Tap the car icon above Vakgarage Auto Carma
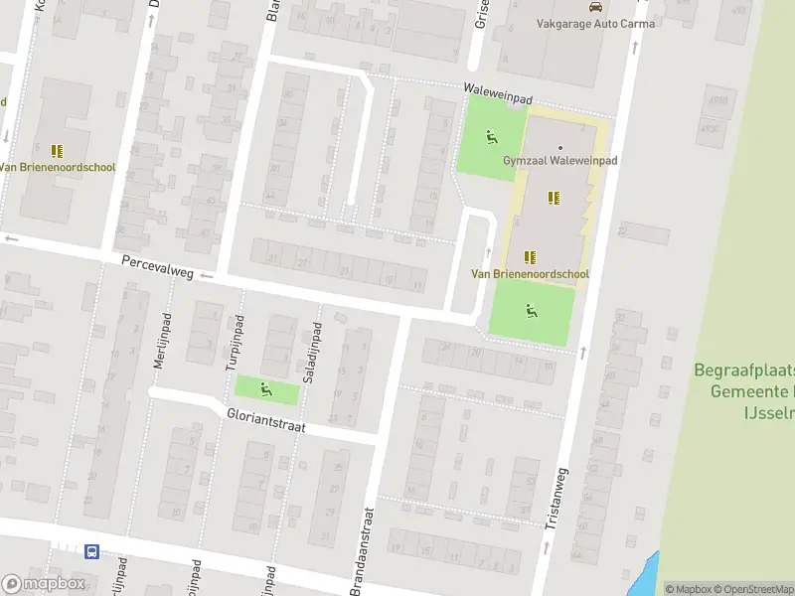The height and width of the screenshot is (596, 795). (595, 6)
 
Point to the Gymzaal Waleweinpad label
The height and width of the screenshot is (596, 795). (559, 162)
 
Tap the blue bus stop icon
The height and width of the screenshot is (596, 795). (91, 552)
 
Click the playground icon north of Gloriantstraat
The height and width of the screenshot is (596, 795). (265, 388)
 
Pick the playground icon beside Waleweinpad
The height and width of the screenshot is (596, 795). (491, 137)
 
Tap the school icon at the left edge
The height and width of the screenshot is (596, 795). (57, 151)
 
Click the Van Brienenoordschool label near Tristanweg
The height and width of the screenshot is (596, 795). (530, 274)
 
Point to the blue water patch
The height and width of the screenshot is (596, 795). (647, 571)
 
